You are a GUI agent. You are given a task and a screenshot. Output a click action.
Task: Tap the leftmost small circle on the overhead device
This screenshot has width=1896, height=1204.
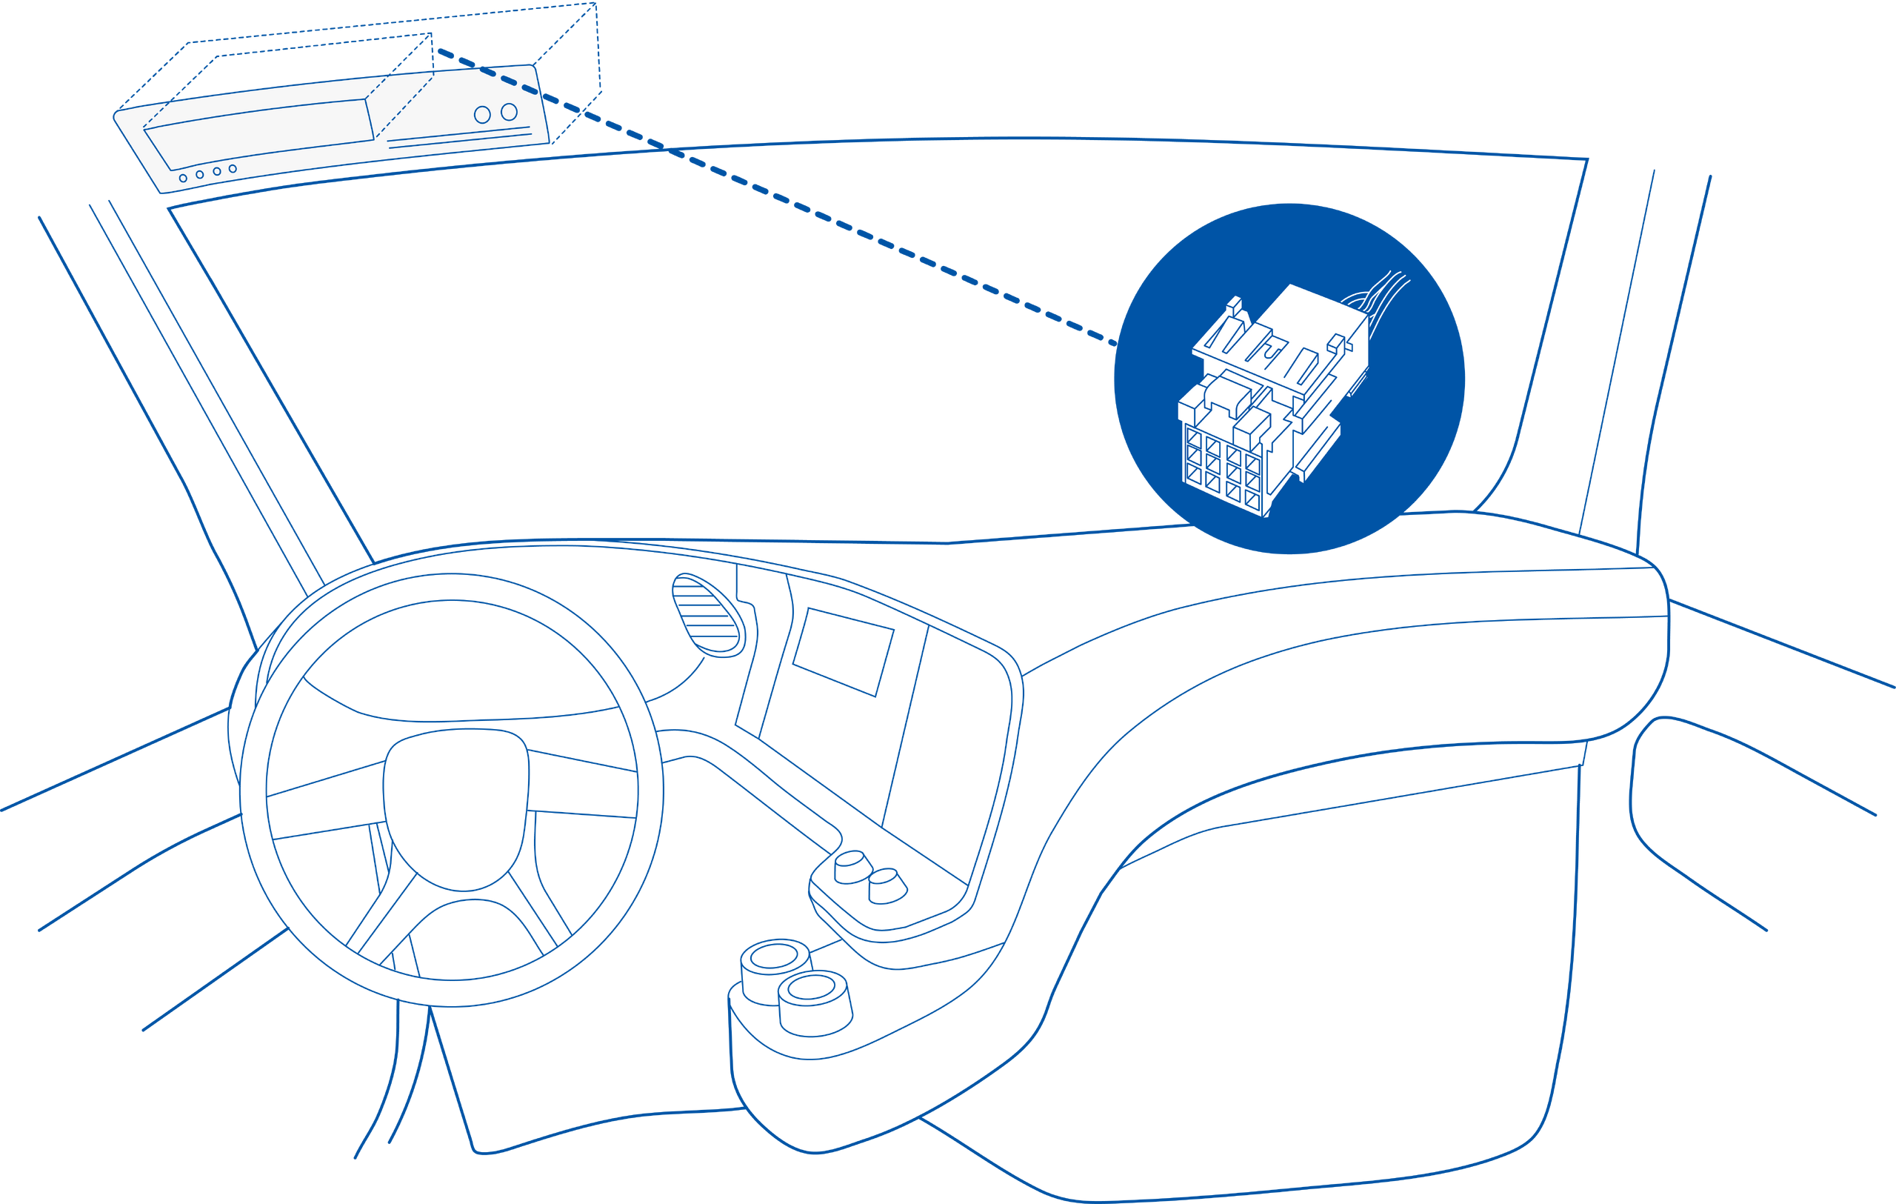point(183,179)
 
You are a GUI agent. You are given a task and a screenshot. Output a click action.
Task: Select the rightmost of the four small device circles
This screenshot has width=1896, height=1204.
point(233,168)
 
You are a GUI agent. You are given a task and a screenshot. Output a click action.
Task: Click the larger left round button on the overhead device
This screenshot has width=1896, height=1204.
point(482,115)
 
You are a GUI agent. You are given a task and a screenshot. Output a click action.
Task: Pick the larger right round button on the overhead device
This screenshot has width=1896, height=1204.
point(510,112)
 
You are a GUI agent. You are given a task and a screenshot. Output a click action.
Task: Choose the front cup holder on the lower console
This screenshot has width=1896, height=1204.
point(815,1005)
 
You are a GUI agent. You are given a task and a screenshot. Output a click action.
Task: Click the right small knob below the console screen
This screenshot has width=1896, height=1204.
point(887,885)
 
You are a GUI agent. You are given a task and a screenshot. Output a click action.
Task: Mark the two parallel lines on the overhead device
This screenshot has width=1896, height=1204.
point(461,141)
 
